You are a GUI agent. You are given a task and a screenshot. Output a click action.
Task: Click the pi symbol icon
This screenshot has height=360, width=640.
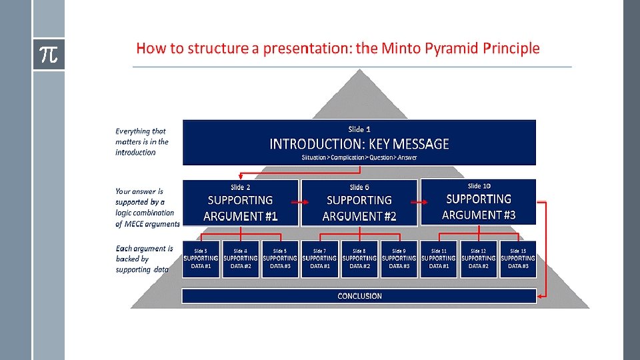point(49,55)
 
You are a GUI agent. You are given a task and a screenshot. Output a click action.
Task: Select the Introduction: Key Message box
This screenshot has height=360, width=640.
point(359,143)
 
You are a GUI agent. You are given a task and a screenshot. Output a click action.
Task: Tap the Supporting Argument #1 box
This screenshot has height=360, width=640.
point(240,203)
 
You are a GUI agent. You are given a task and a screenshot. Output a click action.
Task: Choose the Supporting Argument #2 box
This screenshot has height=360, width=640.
point(359,203)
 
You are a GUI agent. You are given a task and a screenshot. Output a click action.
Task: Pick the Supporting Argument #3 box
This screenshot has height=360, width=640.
point(478,201)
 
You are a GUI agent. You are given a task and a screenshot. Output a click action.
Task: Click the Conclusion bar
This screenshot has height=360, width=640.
point(359,296)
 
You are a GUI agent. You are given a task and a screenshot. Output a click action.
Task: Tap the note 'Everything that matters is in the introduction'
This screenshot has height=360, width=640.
point(141,142)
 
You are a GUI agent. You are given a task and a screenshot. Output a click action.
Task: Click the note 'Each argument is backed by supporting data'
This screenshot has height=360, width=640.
point(144,259)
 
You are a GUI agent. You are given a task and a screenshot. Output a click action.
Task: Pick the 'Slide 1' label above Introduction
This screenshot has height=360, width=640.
point(359,129)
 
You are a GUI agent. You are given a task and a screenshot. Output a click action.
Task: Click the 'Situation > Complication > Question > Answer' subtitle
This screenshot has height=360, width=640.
point(359,158)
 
